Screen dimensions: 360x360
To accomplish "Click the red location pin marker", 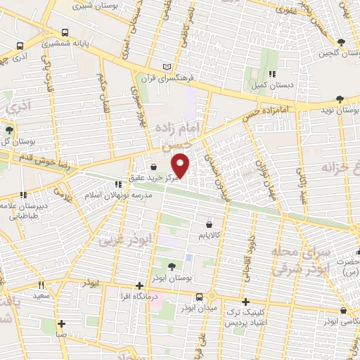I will point(181,165).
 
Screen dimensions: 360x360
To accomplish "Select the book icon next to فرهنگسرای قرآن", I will point(166,67).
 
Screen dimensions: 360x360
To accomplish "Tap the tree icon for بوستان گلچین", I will point(341,43).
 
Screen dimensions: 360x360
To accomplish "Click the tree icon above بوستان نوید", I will point(341,99).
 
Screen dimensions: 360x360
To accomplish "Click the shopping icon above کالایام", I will point(209,223).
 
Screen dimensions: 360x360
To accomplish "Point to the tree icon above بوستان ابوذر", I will point(173,266).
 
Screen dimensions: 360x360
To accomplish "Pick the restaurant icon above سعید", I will point(42,285).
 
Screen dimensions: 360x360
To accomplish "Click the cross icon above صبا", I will point(62,324).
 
